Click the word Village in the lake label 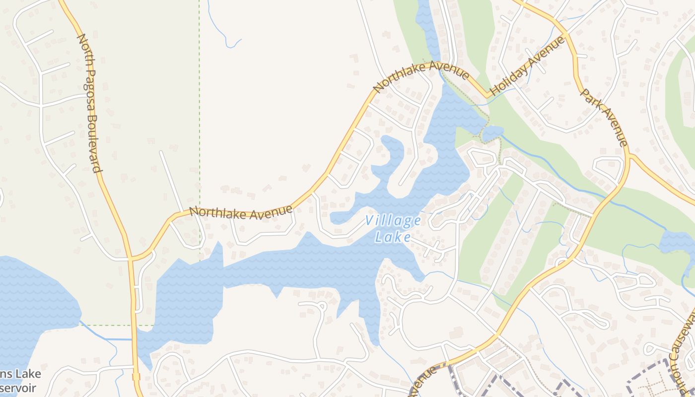point(393,221)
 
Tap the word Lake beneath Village point(393,237)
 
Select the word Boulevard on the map point(96,144)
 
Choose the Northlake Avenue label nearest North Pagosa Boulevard point(241,212)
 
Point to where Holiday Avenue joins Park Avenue point(566,36)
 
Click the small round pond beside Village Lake point(492,132)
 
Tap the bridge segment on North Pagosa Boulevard point(136,377)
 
